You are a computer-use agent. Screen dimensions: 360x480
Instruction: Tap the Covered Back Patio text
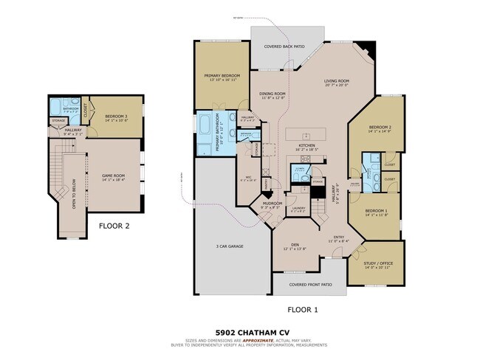[284, 46]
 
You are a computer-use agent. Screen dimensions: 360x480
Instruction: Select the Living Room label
[336, 80]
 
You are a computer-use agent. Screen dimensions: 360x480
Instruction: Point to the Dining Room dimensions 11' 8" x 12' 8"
[272, 98]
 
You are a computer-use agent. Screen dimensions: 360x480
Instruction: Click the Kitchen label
[306, 145]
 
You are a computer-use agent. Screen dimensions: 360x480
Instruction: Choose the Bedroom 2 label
[380, 127]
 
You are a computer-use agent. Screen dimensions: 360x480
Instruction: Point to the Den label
[294, 244]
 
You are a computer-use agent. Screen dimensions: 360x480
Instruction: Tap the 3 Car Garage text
[230, 246]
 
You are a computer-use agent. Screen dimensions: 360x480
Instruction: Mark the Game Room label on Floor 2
[114, 175]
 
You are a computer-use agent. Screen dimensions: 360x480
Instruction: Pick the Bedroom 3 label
[117, 117]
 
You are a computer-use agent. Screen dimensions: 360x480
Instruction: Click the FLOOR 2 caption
[114, 226]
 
